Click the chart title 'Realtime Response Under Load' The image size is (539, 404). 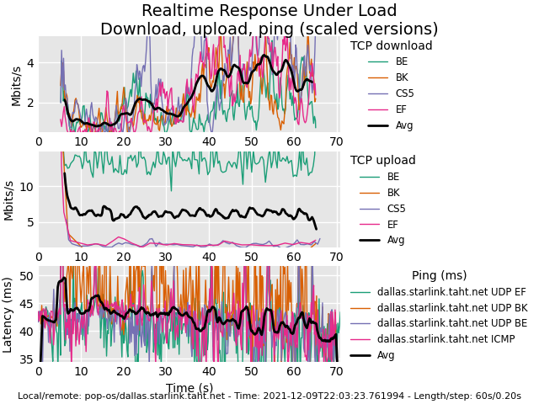269,11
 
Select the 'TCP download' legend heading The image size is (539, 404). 391,46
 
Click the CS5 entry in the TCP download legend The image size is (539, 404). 404,93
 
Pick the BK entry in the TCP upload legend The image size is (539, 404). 393,193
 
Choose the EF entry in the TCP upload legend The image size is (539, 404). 393,224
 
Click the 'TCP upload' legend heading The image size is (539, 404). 382,161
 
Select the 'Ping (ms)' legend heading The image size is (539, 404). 439,275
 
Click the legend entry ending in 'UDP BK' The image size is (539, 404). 451,308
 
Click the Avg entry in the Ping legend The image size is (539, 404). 386,355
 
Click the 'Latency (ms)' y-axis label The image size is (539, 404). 8,314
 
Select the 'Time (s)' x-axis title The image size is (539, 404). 189,388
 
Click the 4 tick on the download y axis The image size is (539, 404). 30,63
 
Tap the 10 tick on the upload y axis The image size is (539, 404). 25,187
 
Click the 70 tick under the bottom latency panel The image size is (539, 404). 336,371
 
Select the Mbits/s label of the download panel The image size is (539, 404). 16,85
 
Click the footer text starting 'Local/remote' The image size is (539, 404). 269,396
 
